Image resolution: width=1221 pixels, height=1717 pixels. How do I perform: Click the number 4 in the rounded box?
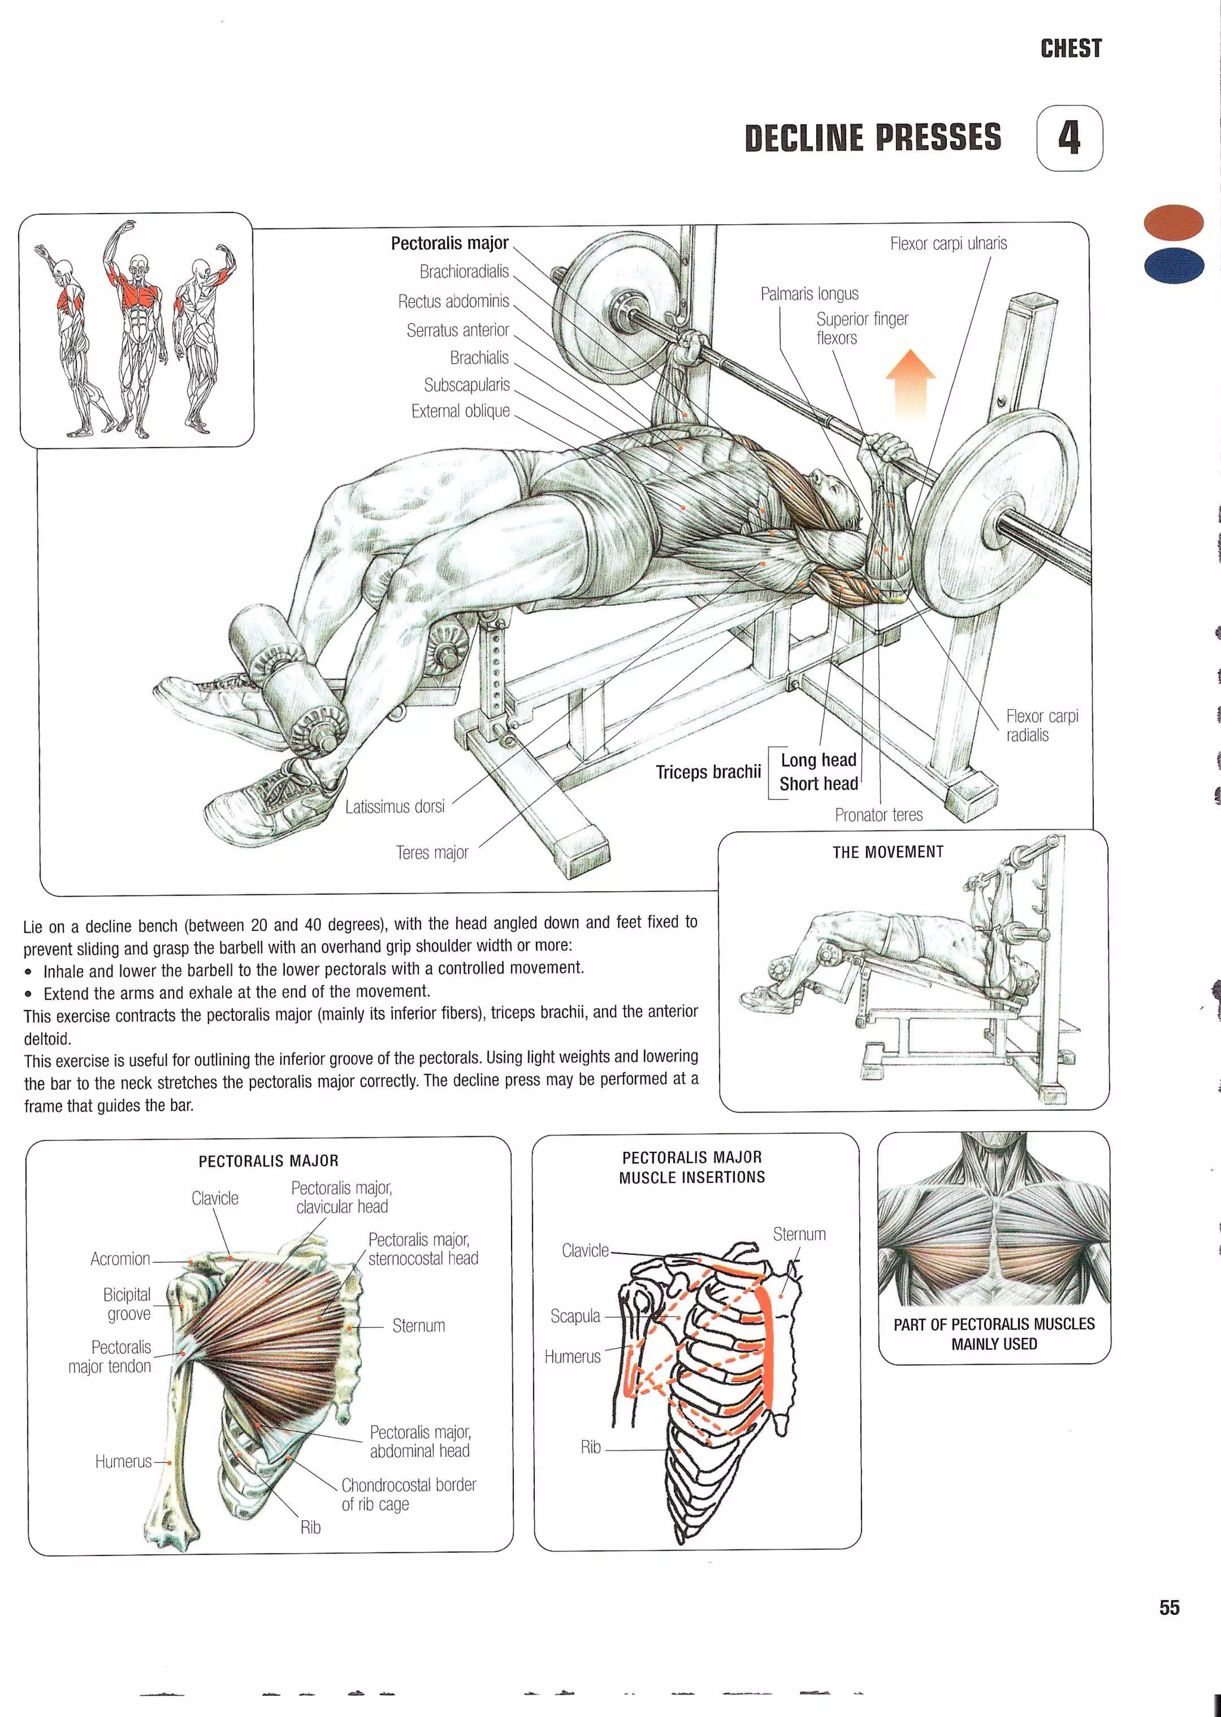coord(1068,138)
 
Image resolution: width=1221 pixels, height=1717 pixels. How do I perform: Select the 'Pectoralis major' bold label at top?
coord(450,244)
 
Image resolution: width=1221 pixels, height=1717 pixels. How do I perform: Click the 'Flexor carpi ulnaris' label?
coord(948,244)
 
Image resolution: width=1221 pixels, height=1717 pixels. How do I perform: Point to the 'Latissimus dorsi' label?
coord(395,807)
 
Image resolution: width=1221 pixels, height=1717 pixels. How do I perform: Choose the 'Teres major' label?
coord(432,853)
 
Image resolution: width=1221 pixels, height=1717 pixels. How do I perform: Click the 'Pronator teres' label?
coord(878,815)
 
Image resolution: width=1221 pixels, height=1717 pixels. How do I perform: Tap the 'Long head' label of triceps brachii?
coord(818,760)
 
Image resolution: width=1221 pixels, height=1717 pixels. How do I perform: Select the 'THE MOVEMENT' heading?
coord(887,852)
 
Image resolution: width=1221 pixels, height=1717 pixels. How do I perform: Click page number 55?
coord(1169,1607)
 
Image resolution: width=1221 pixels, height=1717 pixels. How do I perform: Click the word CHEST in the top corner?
coord(1071,49)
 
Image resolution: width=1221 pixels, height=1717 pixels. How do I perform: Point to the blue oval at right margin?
coord(1173,265)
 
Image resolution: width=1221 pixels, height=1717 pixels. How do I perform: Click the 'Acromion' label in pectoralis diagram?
coord(120,1259)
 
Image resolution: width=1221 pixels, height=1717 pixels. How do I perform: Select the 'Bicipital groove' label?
coord(127,1304)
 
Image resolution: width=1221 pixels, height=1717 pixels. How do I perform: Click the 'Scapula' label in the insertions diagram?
coord(575,1316)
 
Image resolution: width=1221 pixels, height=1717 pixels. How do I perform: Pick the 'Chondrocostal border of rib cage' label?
coord(408,1495)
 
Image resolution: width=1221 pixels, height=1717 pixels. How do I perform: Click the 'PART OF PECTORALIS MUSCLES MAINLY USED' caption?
coord(993,1334)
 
